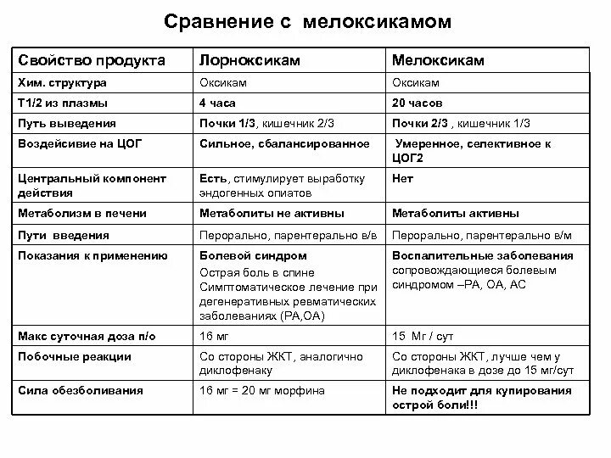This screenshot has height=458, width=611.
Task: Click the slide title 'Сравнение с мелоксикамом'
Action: coord(307,20)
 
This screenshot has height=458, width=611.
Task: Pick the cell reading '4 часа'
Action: coord(217,102)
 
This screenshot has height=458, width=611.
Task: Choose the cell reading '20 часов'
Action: coord(418,102)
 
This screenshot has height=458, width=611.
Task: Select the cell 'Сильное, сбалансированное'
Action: coord(284,144)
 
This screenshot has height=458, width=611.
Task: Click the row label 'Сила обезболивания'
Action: coord(80,391)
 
